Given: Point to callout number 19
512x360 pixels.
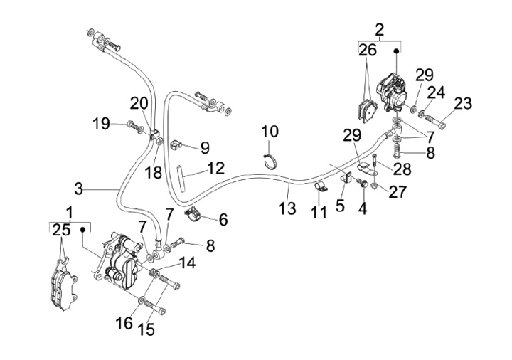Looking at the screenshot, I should [x=101, y=123].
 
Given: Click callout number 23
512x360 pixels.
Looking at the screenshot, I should [x=462, y=103].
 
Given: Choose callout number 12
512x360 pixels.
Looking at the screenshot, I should [x=216, y=168].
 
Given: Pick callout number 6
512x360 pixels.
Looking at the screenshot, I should [x=223, y=220].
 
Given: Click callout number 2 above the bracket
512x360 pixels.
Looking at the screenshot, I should [x=379, y=29].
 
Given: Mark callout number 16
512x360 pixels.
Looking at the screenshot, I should [x=124, y=323].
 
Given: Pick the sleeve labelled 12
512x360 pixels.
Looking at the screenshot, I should [x=183, y=174].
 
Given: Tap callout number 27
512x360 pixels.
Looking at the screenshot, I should [x=398, y=191].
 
